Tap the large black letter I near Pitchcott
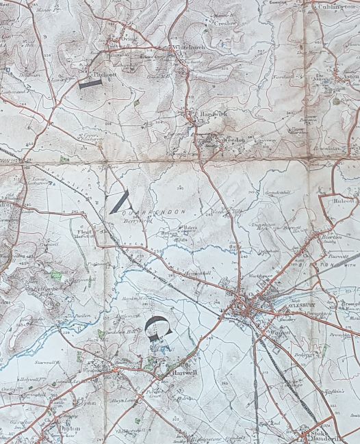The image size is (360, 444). click(x=90, y=83)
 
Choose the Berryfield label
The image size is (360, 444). click(x=136, y=221)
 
